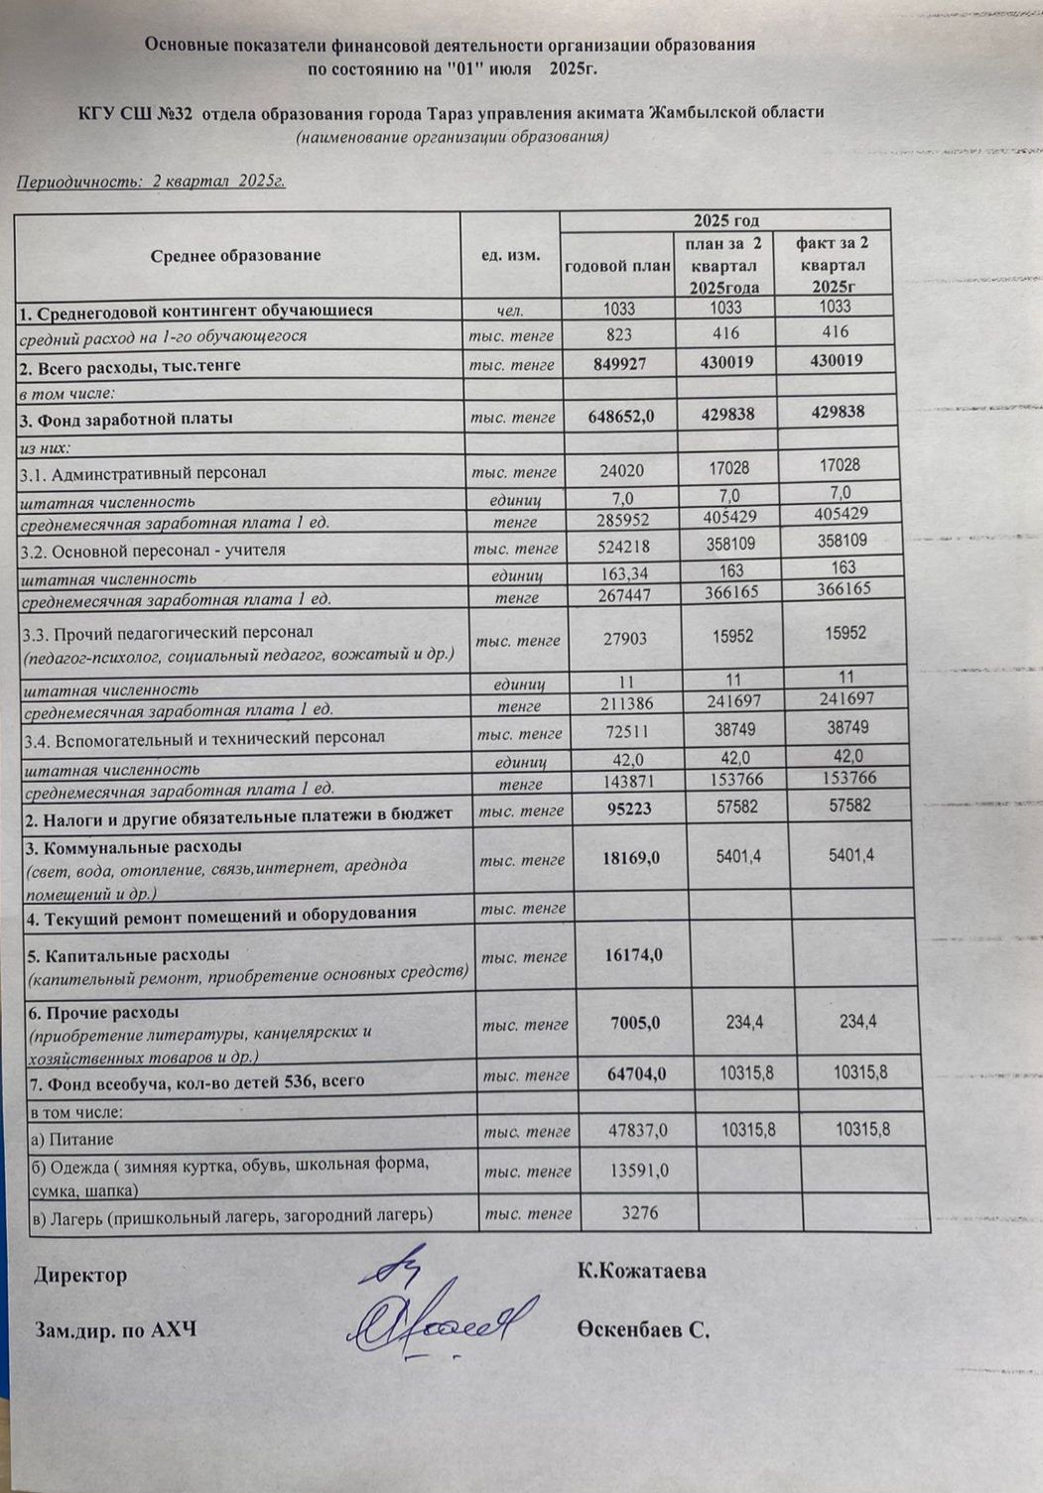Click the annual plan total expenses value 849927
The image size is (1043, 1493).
[618, 363]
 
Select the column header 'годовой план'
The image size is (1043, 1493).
[617, 265]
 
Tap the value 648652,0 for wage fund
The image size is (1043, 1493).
[620, 417]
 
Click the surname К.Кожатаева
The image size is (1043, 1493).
[641, 1271]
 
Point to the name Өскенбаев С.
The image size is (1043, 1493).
[642, 1330]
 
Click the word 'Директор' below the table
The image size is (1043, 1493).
[81, 1275]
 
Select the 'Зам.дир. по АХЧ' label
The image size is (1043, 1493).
[115, 1329]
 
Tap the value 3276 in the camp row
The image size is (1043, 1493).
[640, 1211]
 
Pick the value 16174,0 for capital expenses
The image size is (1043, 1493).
[633, 954]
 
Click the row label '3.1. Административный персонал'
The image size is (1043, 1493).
[143, 473]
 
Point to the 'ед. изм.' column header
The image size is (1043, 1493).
[511, 255]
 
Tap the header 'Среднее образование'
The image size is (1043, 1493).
[236, 255]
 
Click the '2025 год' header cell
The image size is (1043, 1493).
[727, 220]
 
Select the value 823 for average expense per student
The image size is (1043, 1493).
[618, 334]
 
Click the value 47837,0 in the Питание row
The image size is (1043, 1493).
[637, 1129]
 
